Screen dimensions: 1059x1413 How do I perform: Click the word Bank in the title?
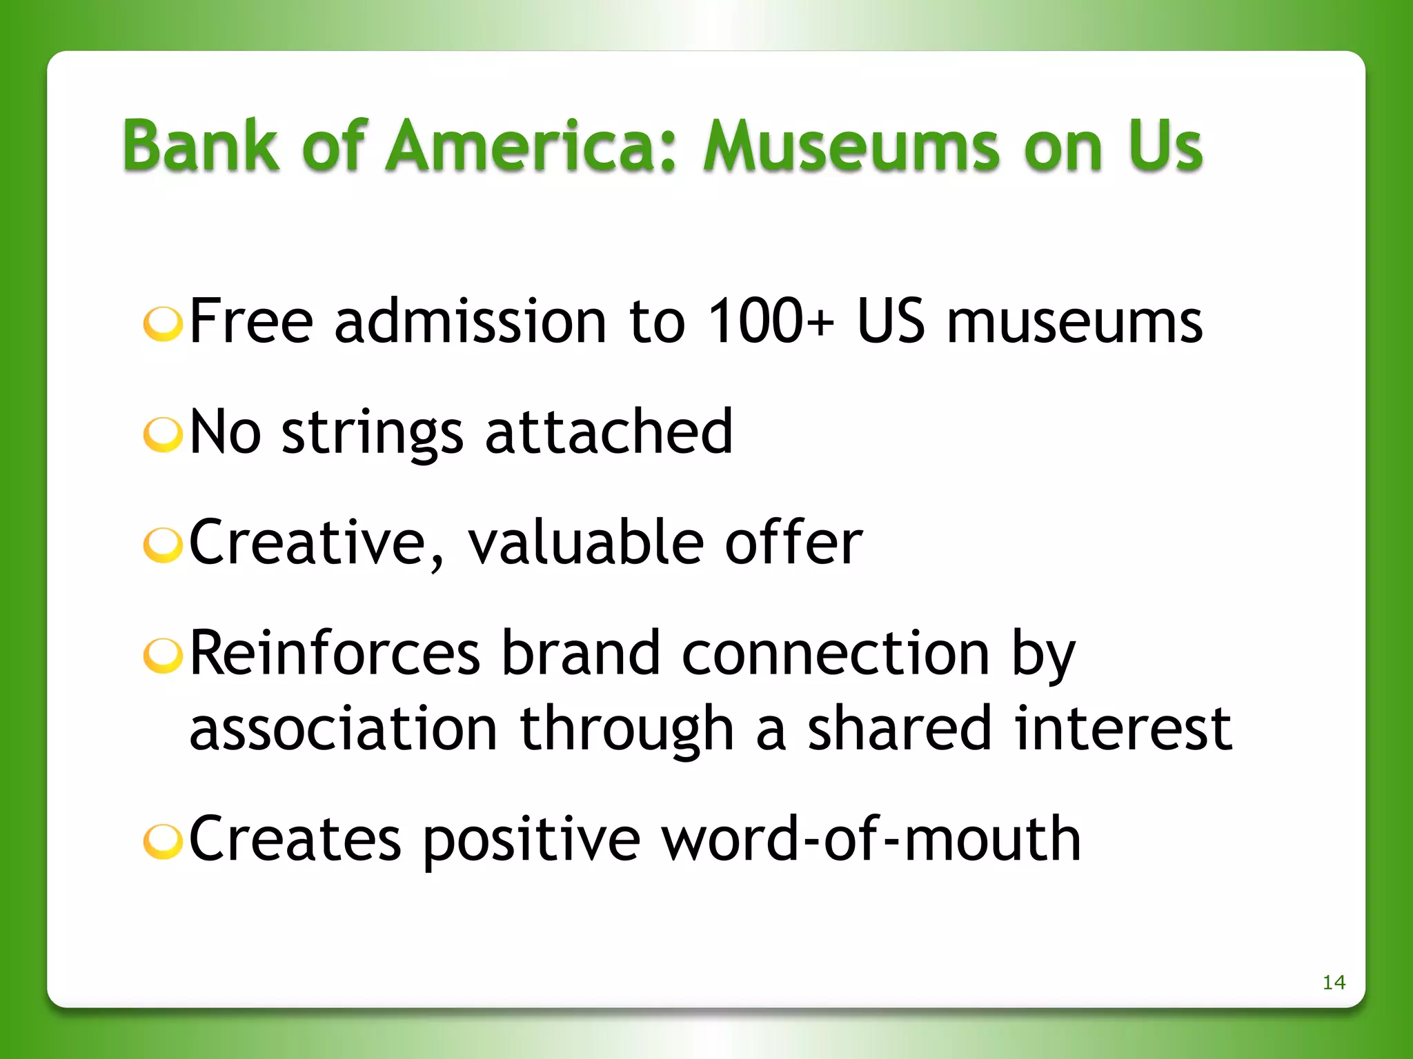201,145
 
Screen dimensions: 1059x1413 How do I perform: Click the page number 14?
1334,982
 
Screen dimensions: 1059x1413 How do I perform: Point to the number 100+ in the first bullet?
771,321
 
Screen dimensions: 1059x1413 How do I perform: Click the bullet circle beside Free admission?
163,324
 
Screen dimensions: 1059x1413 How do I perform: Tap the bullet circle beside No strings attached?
163,435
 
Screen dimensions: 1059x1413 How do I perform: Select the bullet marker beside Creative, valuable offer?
163,545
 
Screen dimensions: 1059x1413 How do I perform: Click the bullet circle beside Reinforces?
163,656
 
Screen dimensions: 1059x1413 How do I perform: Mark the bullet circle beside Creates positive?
163,842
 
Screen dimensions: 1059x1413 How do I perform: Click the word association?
343,729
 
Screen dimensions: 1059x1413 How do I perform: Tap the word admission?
470,321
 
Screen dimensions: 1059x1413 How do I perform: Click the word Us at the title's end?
1165,145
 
